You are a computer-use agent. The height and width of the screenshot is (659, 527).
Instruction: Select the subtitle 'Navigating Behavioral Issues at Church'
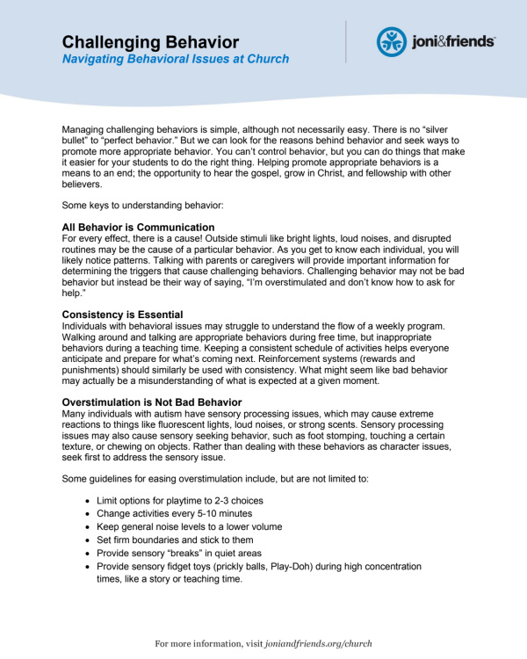pos(176,59)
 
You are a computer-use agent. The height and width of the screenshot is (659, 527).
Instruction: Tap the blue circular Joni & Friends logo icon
pos(391,41)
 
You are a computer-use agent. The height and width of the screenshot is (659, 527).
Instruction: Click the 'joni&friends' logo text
pos(453,41)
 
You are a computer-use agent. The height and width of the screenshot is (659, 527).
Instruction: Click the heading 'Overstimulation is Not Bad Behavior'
pos(163,401)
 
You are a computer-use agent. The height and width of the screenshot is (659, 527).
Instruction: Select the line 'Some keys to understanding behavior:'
pos(144,206)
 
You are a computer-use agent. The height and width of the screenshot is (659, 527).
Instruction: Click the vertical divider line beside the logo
pos(346,41)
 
